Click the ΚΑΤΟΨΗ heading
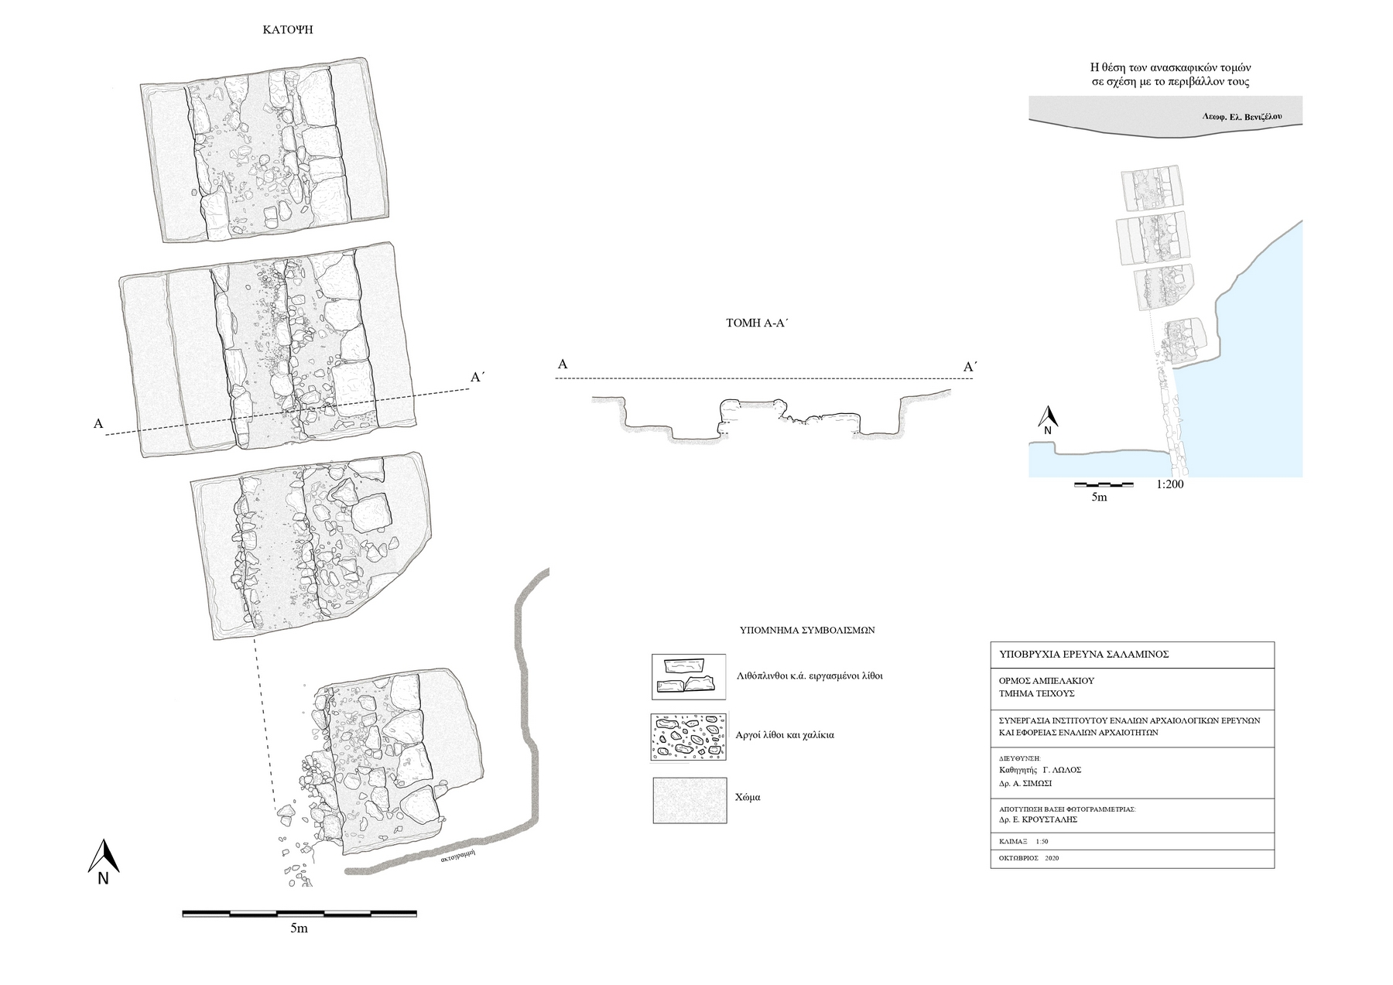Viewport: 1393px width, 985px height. (287, 31)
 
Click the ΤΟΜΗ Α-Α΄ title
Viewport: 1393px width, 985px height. (756, 324)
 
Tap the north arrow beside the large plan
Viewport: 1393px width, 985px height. (103, 861)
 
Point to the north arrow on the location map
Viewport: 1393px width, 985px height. (1047, 420)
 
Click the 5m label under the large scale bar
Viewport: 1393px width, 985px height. (299, 929)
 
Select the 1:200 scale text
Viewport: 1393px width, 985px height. (1169, 485)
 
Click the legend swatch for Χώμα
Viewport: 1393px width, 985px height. (690, 800)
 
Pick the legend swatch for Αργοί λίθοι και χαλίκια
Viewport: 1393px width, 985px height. (690, 736)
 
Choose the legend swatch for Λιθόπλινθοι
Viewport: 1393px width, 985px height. (690, 676)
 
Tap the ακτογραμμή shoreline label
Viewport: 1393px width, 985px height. (456, 857)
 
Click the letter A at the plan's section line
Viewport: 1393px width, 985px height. (98, 424)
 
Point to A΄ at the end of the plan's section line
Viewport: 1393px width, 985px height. (478, 378)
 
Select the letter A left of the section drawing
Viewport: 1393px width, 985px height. (563, 364)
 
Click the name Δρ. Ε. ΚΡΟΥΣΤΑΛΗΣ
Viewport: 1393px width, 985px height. (1038, 819)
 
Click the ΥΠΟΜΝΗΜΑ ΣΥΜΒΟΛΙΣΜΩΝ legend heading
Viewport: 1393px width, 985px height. (807, 630)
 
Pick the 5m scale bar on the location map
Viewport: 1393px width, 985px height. (1104, 484)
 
